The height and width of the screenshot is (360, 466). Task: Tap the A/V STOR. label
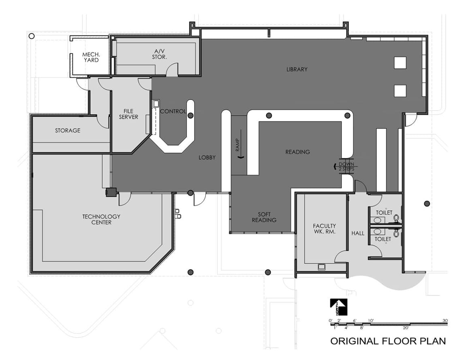[159, 54]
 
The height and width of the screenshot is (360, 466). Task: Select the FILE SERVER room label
[128, 114]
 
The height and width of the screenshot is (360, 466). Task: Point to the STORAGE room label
[68, 131]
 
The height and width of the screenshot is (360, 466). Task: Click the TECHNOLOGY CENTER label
[101, 219]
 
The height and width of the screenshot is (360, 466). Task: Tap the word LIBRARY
[297, 69]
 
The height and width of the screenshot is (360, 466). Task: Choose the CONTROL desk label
[173, 111]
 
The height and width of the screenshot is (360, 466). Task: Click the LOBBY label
[207, 158]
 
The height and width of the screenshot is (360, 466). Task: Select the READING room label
[297, 152]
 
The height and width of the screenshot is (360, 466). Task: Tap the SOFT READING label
[264, 217]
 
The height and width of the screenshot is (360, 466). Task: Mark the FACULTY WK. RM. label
[324, 229]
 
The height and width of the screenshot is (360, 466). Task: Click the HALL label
[358, 234]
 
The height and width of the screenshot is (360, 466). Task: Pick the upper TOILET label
[384, 212]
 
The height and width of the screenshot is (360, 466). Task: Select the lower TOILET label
[383, 239]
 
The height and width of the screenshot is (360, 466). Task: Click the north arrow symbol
[338, 307]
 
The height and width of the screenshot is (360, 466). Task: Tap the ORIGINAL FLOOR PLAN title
[388, 341]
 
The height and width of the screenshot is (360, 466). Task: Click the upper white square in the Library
[400, 62]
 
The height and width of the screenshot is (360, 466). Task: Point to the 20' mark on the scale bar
[406, 328]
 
